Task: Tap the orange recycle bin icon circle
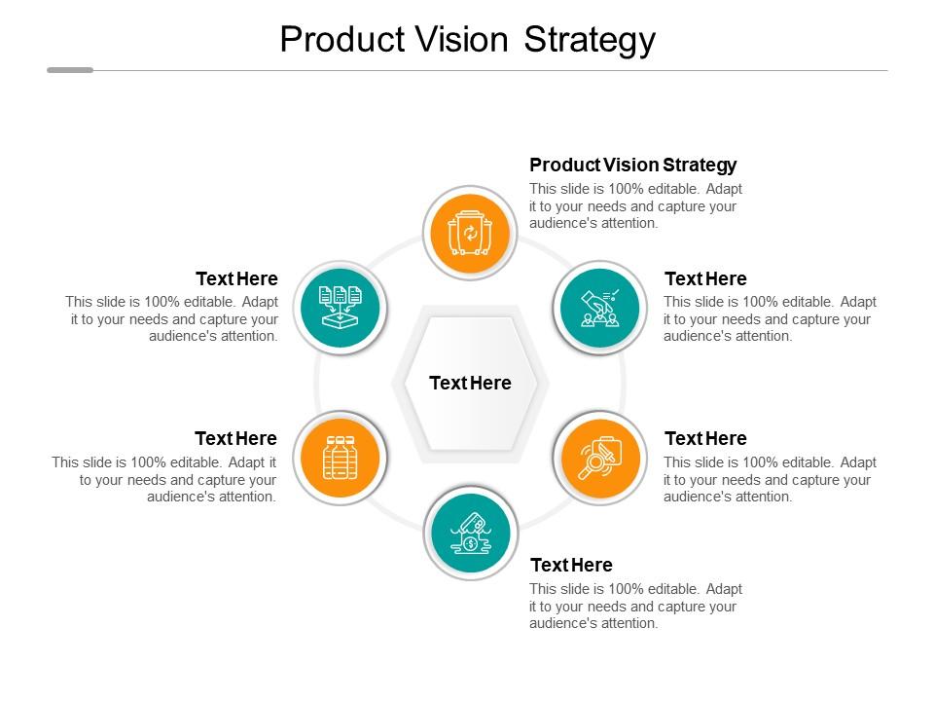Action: pyautogui.click(x=470, y=234)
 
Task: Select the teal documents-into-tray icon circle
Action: pyautogui.click(x=340, y=308)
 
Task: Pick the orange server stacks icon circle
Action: pyautogui.click(x=340, y=458)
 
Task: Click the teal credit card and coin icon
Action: pyautogui.click(x=470, y=534)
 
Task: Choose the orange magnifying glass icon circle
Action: pyautogui.click(x=600, y=458)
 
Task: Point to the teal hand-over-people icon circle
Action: pyautogui.click(x=600, y=308)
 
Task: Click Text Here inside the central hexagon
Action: pyautogui.click(x=470, y=383)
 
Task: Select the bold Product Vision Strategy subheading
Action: pyautogui.click(x=632, y=165)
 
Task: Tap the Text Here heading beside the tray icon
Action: pyautogui.click(x=236, y=279)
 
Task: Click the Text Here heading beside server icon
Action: pyautogui.click(x=235, y=438)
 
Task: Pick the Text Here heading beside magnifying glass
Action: pyautogui.click(x=705, y=438)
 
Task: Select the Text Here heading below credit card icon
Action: pyautogui.click(x=571, y=565)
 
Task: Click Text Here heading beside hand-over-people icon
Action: pyautogui.click(x=705, y=279)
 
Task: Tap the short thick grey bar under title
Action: pyautogui.click(x=70, y=70)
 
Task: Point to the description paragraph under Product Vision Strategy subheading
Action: pyautogui.click(x=635, y=205)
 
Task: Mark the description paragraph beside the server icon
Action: pyautogui.click(x=164, y=479)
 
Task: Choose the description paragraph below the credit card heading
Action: pyautogui.click(x=635, y=606)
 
